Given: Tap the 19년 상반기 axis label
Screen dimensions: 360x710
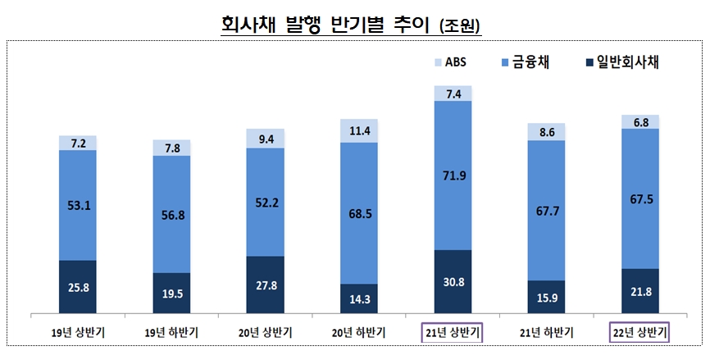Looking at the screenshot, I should click(x=77, y=332).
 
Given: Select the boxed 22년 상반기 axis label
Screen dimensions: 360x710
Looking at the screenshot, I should click(x=640, y=332).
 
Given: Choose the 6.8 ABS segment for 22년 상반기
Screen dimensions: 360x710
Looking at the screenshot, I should click(x=640, y=121).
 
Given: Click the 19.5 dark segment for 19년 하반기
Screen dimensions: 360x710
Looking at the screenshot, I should click(x=171, y=293).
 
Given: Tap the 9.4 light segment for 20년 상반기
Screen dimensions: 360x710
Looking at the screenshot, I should click(x=265, y=139).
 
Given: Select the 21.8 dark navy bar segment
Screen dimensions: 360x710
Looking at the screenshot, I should click(x=640, y=291).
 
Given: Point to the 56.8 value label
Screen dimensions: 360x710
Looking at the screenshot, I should click(x=171, y=215).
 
